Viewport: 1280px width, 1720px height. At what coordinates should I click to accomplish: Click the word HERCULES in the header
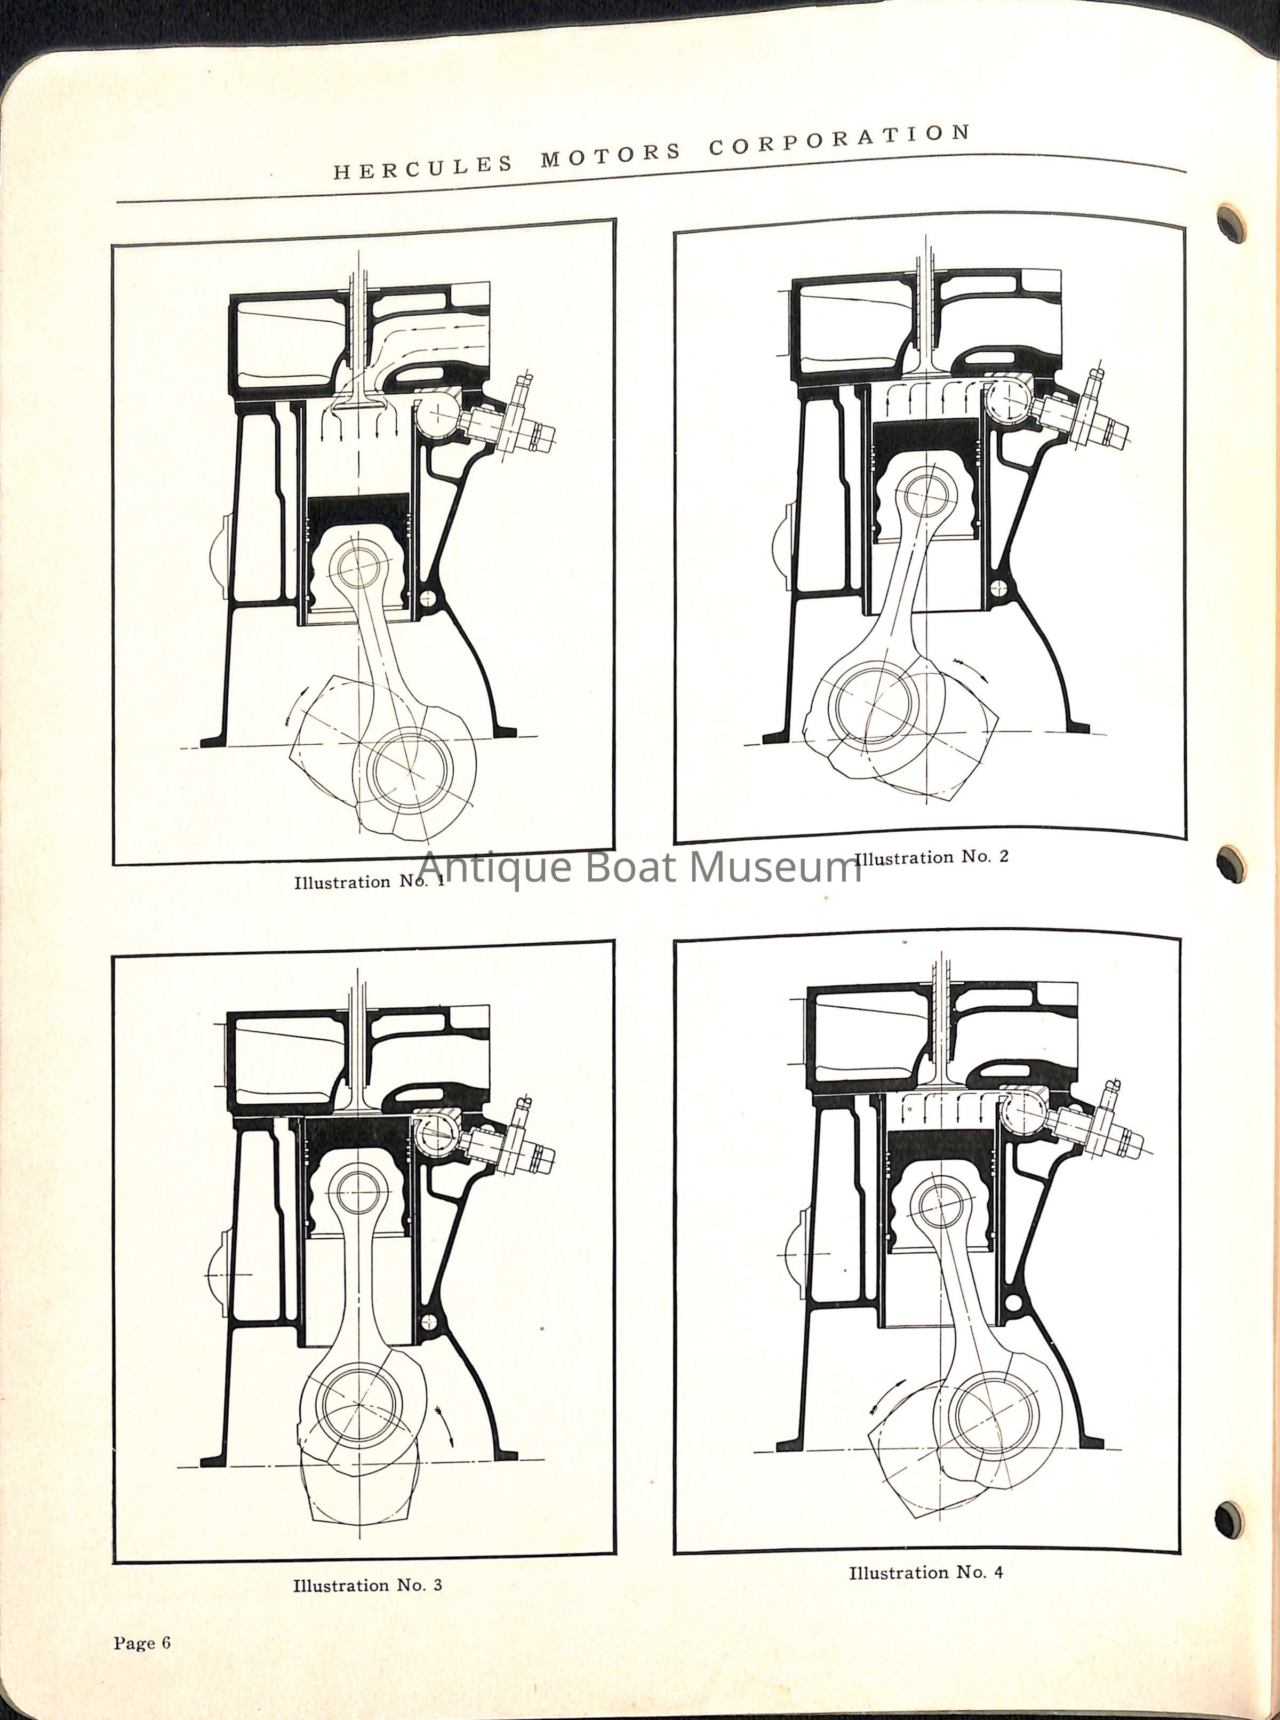point(423,166)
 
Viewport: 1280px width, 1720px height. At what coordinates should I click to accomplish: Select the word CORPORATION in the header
point(840,140)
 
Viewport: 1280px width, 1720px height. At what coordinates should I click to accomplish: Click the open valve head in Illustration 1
point(357,403)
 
